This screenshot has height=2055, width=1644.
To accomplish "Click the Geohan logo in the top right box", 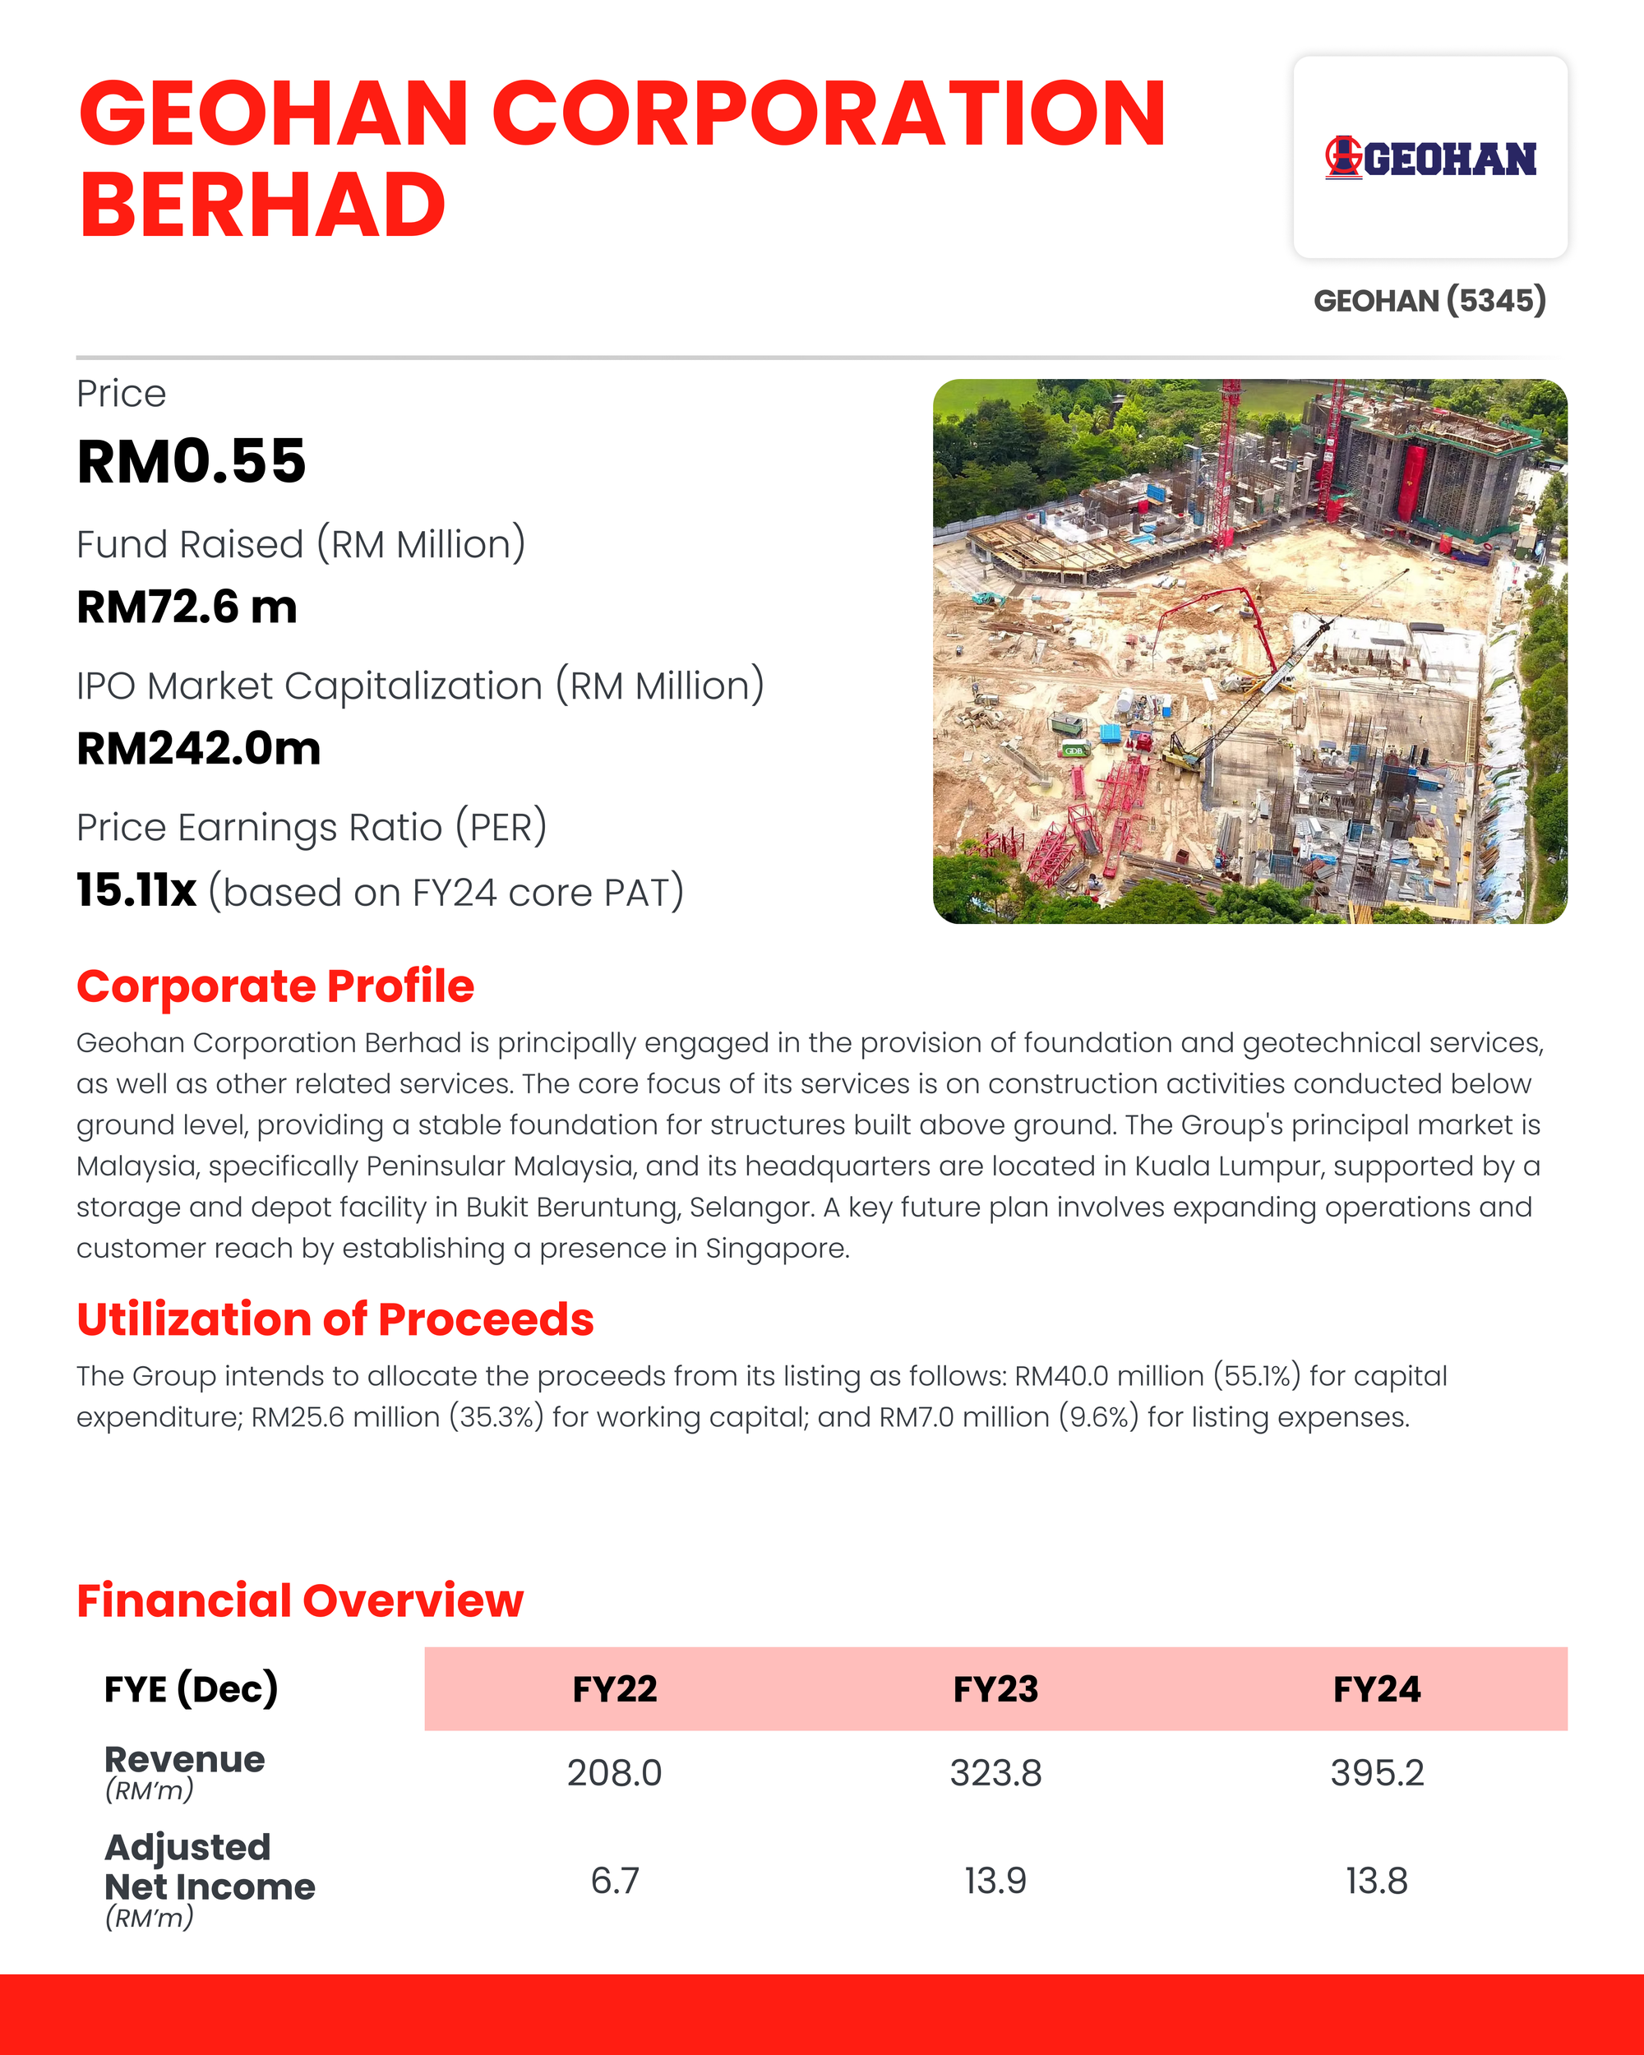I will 1429,158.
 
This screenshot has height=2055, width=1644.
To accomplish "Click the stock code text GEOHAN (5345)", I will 1429,301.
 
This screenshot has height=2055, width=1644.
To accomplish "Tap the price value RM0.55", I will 192,462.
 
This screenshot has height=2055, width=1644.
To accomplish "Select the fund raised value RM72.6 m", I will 187,607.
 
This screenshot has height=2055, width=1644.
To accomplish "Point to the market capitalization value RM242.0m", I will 198,748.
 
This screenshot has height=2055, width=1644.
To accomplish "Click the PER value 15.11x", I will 136,891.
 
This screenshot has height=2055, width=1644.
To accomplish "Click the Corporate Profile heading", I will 275,986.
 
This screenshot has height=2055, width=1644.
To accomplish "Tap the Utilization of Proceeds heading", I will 335,1319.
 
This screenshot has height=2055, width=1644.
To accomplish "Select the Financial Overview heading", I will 300,1601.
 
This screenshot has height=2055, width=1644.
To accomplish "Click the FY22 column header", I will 615,1690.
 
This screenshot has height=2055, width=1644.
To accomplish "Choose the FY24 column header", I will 1377,1690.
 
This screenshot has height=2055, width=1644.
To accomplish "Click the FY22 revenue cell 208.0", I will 615,1773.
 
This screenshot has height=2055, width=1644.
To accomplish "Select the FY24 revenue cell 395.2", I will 1377,1773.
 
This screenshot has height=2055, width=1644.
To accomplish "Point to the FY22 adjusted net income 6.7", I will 615,1881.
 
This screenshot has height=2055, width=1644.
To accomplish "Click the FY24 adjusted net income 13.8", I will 1377,1881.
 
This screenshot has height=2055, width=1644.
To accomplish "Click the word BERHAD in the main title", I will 263,205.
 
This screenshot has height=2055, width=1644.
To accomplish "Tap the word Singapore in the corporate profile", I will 776,1249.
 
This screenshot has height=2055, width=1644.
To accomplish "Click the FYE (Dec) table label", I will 191,1690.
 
